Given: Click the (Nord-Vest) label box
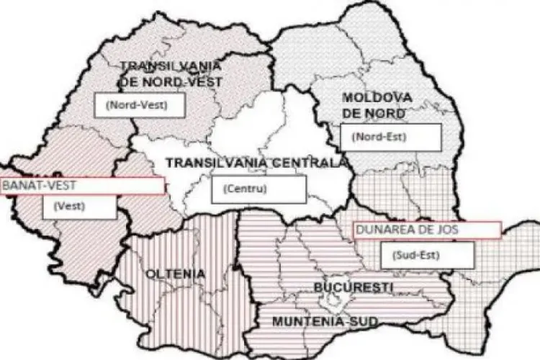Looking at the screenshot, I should (141, 104).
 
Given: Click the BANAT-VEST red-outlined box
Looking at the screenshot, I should (82, 186).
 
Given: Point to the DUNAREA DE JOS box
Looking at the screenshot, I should (426, 230).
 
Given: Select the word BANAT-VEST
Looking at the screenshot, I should (40, 186).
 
